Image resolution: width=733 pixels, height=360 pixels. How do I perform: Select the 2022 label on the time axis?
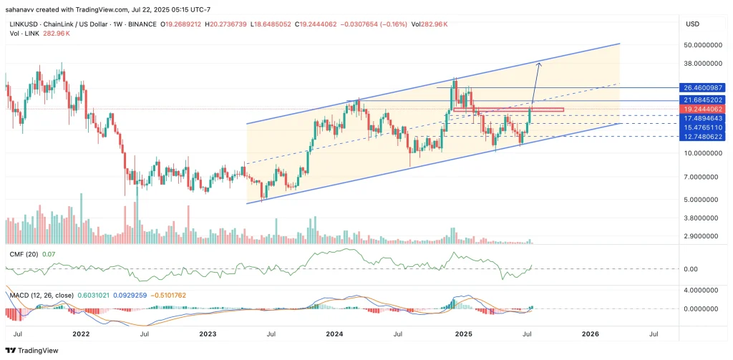(80, 333)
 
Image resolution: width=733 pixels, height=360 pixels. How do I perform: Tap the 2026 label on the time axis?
(591, 333)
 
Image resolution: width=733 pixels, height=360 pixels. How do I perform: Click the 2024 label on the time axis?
(335, 333)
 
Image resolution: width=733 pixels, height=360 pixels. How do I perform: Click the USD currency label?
(692, 24)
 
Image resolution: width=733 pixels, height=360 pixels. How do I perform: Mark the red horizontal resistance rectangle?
(508, 110)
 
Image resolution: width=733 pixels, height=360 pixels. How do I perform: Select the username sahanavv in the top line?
(22, 10)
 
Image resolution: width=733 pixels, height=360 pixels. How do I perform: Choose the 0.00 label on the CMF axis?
(692, 268)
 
